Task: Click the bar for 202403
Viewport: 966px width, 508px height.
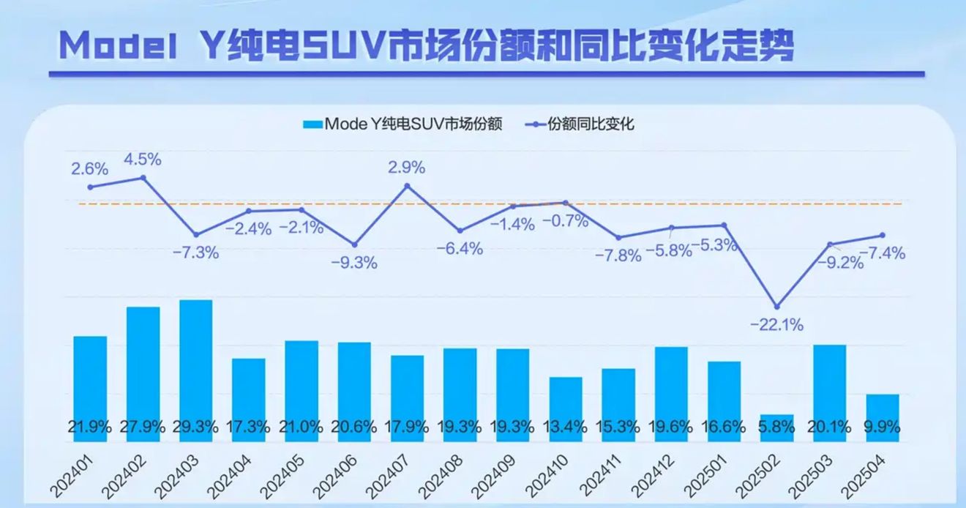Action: (196, 371)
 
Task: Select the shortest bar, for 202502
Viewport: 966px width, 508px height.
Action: (776, 428)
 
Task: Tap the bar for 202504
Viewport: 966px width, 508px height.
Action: (883, 418)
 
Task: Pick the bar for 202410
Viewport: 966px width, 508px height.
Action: (566, 409)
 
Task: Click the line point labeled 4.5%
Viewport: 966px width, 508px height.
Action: (143, 178)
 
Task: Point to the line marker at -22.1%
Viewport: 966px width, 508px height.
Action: (776, 307)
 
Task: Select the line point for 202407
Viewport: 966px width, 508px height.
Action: (407, 186)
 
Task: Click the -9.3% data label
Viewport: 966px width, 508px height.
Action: (354, 263)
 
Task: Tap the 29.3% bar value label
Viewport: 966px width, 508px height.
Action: (196, 427)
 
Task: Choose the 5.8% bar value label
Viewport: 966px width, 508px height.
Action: (776, 427)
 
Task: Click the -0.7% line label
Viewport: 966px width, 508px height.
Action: (566, 221)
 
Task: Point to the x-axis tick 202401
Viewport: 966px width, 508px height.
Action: (72, 477)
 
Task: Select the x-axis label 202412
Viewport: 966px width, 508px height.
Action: (653, 477)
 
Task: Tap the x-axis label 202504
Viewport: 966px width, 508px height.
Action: (864, 477)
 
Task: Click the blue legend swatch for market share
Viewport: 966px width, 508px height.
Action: (312, 124)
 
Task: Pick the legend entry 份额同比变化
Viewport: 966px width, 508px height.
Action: (591, 124)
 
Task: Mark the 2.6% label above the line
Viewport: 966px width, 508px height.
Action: (90, 168)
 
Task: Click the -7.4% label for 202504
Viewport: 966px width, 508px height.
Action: (883, 253)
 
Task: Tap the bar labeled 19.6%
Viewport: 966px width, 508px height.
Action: (671, 394)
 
